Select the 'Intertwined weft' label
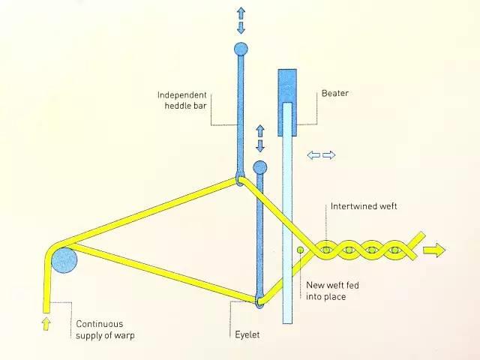click(x=363, y=206)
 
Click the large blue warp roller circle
click(x=64, y=259)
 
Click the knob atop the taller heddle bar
click(x=241, y=49)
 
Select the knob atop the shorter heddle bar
click(x=260, y=166)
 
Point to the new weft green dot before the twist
click(x=300, y=248)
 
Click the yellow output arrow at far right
click(x=433, y=250)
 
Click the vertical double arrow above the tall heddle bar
click(x=241, y=20)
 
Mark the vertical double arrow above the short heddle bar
click(x=260, y=139)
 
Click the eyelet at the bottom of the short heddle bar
click(x=259, y=301)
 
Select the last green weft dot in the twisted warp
click(x=394, y=249)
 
